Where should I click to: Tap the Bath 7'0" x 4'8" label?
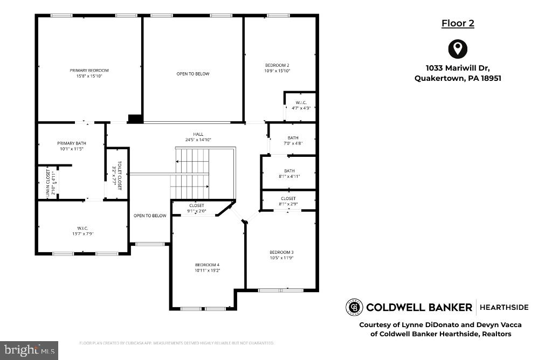click(293, 141)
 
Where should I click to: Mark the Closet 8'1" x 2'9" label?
click(288, 201)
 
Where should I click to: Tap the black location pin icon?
click(458, 49)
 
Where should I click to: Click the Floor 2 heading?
click(458, 23)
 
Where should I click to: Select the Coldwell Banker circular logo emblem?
click(354, 307)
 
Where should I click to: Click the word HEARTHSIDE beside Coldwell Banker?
click(504, 307)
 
